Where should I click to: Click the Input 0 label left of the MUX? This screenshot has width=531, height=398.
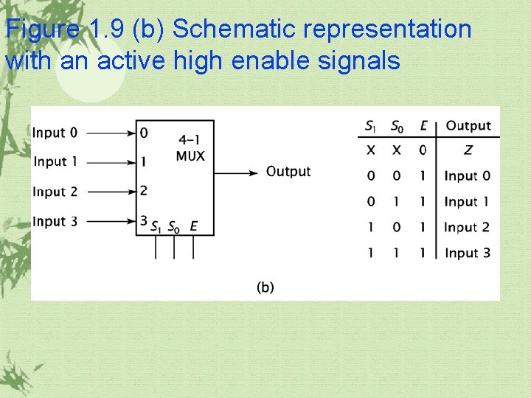click(x=55, y=133)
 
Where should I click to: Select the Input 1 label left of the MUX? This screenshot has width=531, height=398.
click(x=55, y=161)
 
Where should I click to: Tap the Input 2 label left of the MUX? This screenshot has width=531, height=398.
click(x=55, y=192)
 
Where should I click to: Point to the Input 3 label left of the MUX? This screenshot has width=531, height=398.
click(x=55, y=221)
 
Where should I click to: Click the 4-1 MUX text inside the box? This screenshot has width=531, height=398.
click(x=190, y=147)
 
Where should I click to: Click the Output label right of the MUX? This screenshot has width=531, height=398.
click(x=288, y=172)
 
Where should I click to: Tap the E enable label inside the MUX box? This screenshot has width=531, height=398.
click(x=193, y=227)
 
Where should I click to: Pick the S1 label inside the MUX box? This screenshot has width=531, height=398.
click(x=156, y=228)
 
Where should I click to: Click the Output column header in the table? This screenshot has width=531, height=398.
click(x=468, y=126)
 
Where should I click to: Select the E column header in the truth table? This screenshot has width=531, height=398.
click(x=423, y=126)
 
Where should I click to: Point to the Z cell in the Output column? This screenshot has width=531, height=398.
click(x=468, y=150)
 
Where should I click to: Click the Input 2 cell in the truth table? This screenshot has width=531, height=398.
click(x=467, y=227)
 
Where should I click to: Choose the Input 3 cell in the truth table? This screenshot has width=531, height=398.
click(x=468, y=253)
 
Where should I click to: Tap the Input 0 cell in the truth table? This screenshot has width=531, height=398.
click(x=467, y=176)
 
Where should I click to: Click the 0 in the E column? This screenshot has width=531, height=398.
click(x=423, y=150)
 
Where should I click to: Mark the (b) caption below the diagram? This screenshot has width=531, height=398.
click(x=265, y=287)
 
